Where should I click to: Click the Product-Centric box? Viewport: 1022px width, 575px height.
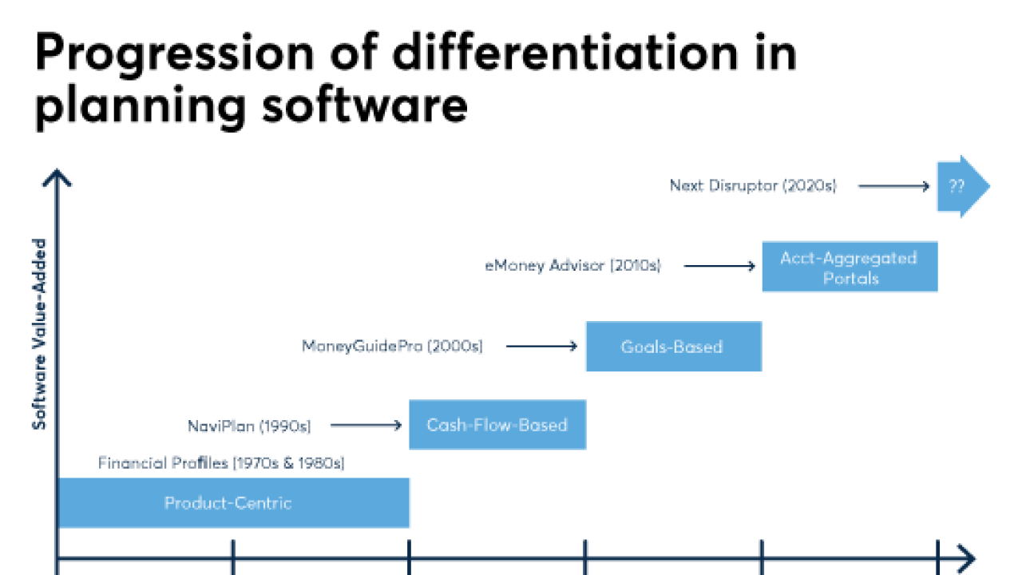tap(232, 503)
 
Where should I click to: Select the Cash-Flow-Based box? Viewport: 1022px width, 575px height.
tap(497, 425)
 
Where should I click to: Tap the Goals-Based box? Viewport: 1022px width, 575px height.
tap(673, 347)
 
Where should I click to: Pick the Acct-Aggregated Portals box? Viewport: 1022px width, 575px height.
tap(850, 268)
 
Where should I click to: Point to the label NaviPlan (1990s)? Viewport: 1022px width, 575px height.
tap(249, 426)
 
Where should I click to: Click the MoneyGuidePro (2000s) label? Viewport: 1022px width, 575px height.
tap(392, 346)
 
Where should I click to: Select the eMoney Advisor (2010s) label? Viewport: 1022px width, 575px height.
tap(572, 266)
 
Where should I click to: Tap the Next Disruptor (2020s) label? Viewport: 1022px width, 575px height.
tap(753, 186)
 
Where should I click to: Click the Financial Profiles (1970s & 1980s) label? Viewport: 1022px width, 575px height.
tap(221, 462)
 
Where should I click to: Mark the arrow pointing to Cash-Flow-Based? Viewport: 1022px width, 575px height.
tap(366, 426)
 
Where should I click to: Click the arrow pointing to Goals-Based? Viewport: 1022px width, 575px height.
tap(541, 346)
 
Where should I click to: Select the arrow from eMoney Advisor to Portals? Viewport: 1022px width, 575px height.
tap(719, 266)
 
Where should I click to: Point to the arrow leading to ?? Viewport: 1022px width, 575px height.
tap(893, 186)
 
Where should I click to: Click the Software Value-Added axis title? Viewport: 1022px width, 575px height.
tap(39, 334)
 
